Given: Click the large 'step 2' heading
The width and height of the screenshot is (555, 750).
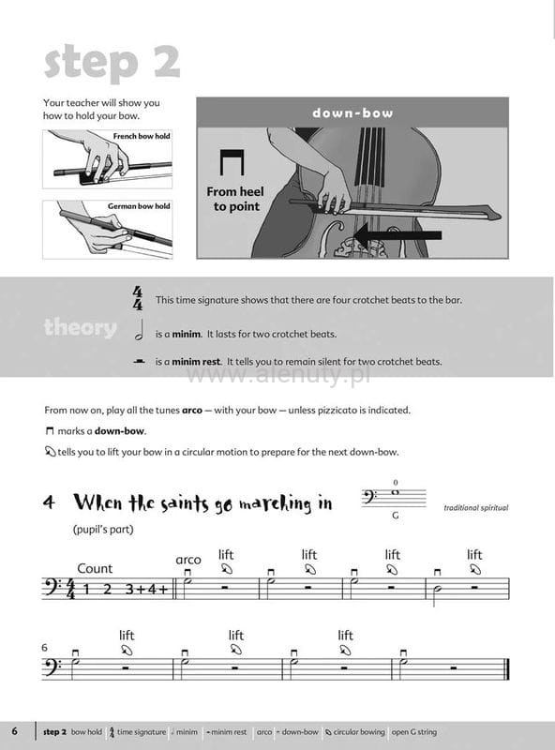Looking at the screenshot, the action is [x=112, y=62].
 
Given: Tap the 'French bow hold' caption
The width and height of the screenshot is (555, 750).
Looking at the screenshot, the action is [x=142, y=136].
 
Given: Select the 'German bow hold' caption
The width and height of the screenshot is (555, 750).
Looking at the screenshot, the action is [x=139, y=206].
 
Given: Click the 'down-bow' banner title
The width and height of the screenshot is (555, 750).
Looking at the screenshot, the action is [x=352, y=112].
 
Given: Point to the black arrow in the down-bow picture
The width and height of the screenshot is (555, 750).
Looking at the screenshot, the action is [x=397, y=235].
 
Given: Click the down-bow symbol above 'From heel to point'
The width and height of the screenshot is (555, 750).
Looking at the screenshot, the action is [x=232, y=162].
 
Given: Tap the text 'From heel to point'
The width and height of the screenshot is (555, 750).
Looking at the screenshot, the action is [x=235, y=199].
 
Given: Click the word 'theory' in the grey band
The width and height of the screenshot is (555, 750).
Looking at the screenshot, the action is [x=81, y=327].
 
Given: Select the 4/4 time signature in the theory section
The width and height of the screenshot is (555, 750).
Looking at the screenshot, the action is [x=138, y=298].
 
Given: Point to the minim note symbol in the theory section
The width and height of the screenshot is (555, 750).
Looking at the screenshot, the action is [x=139, y=331].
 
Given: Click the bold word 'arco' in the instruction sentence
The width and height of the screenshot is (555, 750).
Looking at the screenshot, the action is [x=192, y=410].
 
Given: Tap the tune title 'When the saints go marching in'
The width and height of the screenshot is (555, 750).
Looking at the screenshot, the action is [x=202, y=504].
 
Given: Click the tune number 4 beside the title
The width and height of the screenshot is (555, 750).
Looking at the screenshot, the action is [x=49, y=502].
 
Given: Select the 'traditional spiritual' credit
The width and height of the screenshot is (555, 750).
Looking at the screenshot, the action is [x=476, y=508].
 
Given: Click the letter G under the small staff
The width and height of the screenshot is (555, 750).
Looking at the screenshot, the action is [x=396, y=516].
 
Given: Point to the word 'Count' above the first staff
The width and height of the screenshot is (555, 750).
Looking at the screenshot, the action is [x=95, y=568].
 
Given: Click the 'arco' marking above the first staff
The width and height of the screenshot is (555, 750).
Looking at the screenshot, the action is [x=188, y=560].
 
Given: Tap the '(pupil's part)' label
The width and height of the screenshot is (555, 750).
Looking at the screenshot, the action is [x=103, y=530].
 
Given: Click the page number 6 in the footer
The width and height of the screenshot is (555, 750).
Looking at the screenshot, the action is [x=15, y=731].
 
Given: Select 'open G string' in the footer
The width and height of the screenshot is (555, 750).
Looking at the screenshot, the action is [x=414, y=732].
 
